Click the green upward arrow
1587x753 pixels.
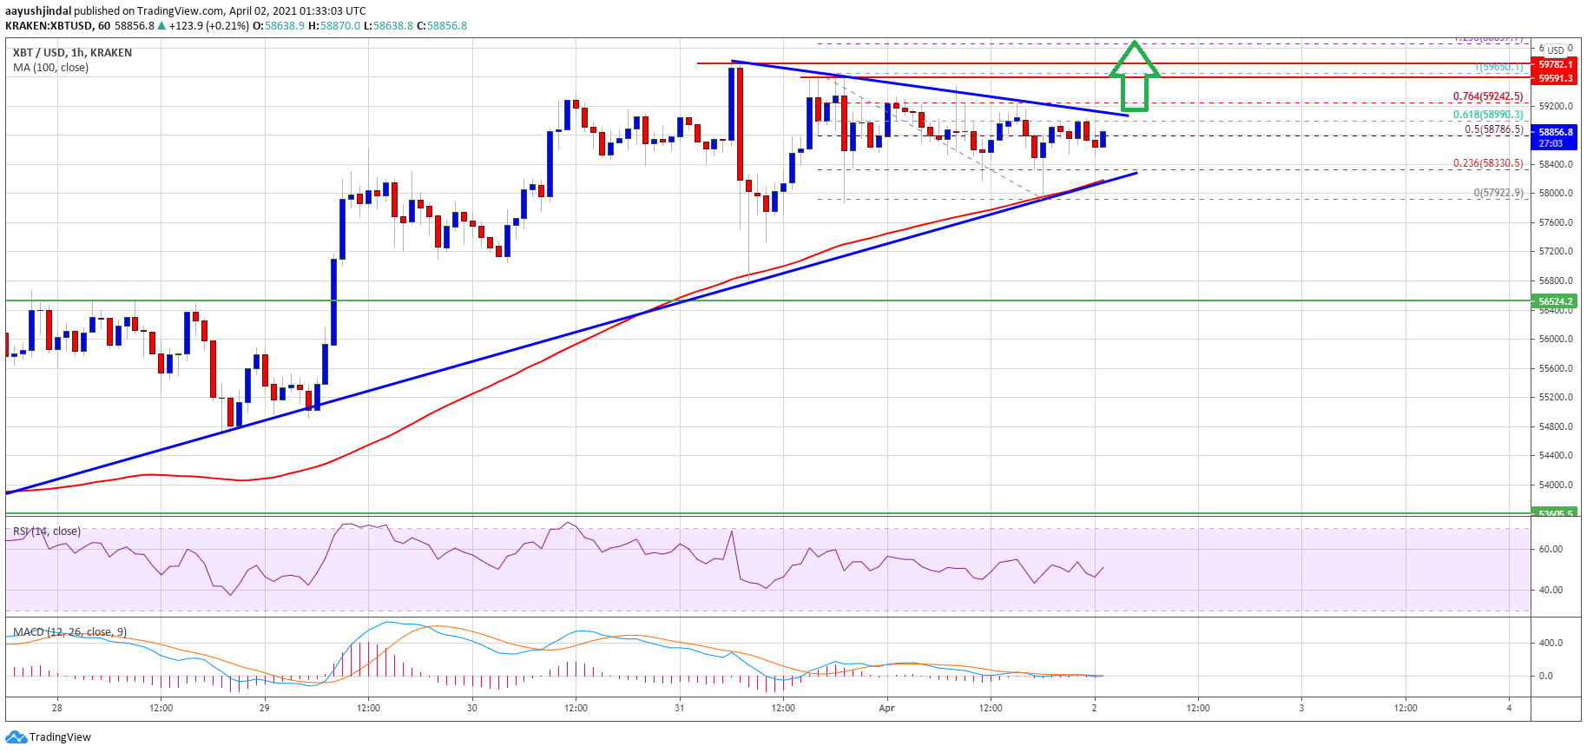(x=1135, y=77)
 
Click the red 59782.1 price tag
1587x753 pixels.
(x=1555, y=64)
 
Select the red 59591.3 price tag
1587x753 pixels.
(x=1555, y=78)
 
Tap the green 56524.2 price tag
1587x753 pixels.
(x=1555, y=301)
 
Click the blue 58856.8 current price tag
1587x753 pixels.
(x=1555, y=137)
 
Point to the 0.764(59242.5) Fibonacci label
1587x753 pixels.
(x=1488, y=96)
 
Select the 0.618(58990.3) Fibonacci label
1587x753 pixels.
(x=1488, y=114)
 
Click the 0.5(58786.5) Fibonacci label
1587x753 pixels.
(x=1493, y=129)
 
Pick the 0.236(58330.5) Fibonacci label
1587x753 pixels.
(x=1488, y=162)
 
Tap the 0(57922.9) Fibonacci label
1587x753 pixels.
(x=1498, y=193)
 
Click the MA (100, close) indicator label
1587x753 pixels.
(x=50, y=68)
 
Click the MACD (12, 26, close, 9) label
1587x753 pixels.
(x=69, y=632)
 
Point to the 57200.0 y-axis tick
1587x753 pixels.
(x=1555, y=251)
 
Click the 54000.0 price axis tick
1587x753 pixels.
(x=1555, y=485)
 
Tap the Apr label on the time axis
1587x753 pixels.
(x=886, y=708)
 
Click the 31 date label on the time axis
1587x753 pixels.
(x=679, y=708)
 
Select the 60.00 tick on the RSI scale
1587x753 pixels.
(x=1551, y=549)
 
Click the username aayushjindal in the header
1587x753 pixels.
(x=38, y=11)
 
